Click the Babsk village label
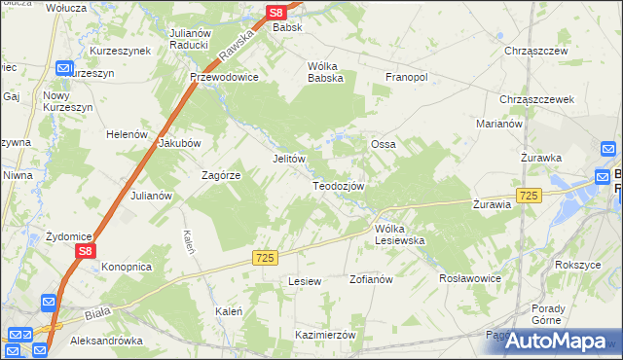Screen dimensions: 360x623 287,27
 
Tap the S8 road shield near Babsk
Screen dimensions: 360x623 276,12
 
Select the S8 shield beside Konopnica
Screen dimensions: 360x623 86,251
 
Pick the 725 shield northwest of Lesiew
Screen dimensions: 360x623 266,257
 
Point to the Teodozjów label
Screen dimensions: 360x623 338,186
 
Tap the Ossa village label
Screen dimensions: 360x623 383,144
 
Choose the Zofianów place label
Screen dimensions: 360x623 370,279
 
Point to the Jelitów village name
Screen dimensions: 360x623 289,159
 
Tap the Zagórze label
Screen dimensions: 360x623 221,175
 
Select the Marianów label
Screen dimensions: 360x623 499,125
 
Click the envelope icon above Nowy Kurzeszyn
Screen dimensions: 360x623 65,69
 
